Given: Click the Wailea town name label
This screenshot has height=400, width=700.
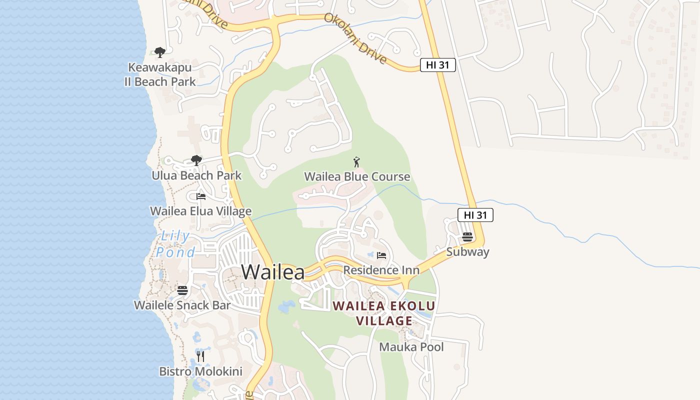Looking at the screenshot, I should click(x=273, y=272).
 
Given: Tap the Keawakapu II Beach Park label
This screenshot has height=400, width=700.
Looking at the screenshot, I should click(x=160, y=74).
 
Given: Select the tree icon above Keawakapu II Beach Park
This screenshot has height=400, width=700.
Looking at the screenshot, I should click(x=160, y=52).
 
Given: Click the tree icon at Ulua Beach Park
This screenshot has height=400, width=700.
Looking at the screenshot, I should click(x=196, y=160).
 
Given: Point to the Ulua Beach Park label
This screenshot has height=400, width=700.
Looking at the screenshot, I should click(x=196, y=175).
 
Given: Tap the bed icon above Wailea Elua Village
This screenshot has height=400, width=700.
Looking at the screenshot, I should click(x=201, y=196).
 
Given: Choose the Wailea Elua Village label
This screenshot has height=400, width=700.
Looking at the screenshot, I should click(x=201, y=211).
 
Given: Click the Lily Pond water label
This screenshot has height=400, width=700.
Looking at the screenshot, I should click(x=175, y=244).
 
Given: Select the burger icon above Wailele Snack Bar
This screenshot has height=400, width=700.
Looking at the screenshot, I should click(x=182, y=290).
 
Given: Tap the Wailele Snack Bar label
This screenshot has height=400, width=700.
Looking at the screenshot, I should click(x=182, y=305).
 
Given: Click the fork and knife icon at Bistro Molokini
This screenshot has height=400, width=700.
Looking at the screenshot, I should click(x=200, y=356).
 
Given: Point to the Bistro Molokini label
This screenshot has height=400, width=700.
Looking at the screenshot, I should click(x=200, y=371).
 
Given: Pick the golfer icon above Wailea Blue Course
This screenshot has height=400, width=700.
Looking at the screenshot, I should click(x=356, y=162).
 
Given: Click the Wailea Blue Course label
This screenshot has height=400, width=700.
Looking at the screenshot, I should click(x=357, y=176).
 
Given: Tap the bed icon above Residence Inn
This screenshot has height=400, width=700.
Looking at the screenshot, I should click(x=381, y=255).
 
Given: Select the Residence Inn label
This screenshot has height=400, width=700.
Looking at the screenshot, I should click(x=381, y=270).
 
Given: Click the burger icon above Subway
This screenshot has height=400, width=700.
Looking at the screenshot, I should click(x=467, y=237).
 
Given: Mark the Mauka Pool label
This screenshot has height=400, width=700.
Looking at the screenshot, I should click(x=411, y=347).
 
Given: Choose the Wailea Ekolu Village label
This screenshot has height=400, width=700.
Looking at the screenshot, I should click(x=384, y=313).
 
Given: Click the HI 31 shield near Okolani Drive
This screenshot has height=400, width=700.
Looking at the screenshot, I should click(x=437, y=65).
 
